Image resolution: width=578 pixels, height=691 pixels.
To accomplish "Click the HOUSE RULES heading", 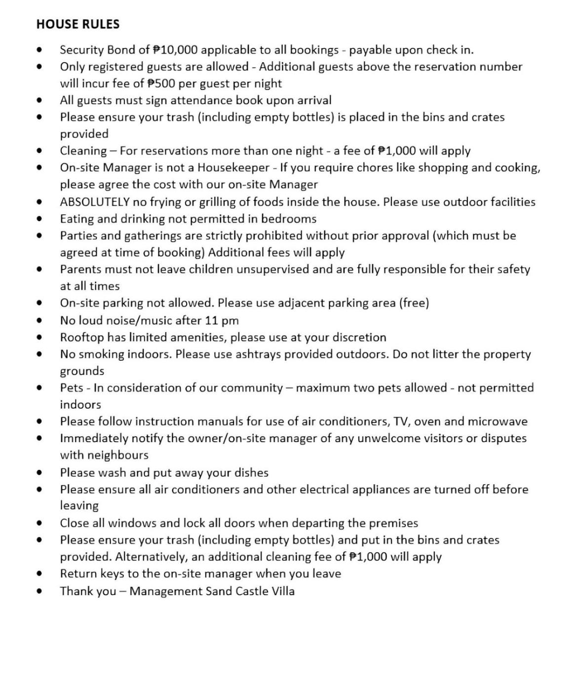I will pos(78,24).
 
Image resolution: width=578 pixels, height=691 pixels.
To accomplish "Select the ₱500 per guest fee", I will pos(161,83).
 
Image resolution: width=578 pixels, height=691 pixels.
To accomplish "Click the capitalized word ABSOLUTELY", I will pos(95,202).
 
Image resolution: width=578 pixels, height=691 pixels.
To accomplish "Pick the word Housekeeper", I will pos(233,167).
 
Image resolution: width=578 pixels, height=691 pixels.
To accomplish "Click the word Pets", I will pos(72,387).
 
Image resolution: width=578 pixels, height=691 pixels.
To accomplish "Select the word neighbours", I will pos(104,455).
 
